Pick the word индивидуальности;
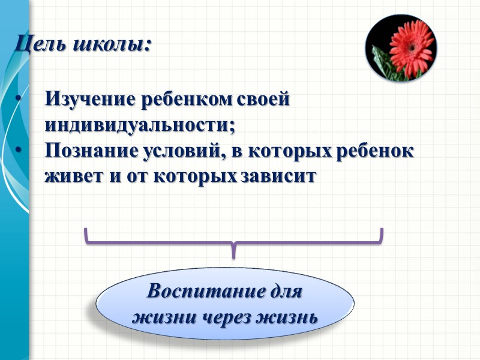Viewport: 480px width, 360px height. pyautogui.click(x=140, y=125)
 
